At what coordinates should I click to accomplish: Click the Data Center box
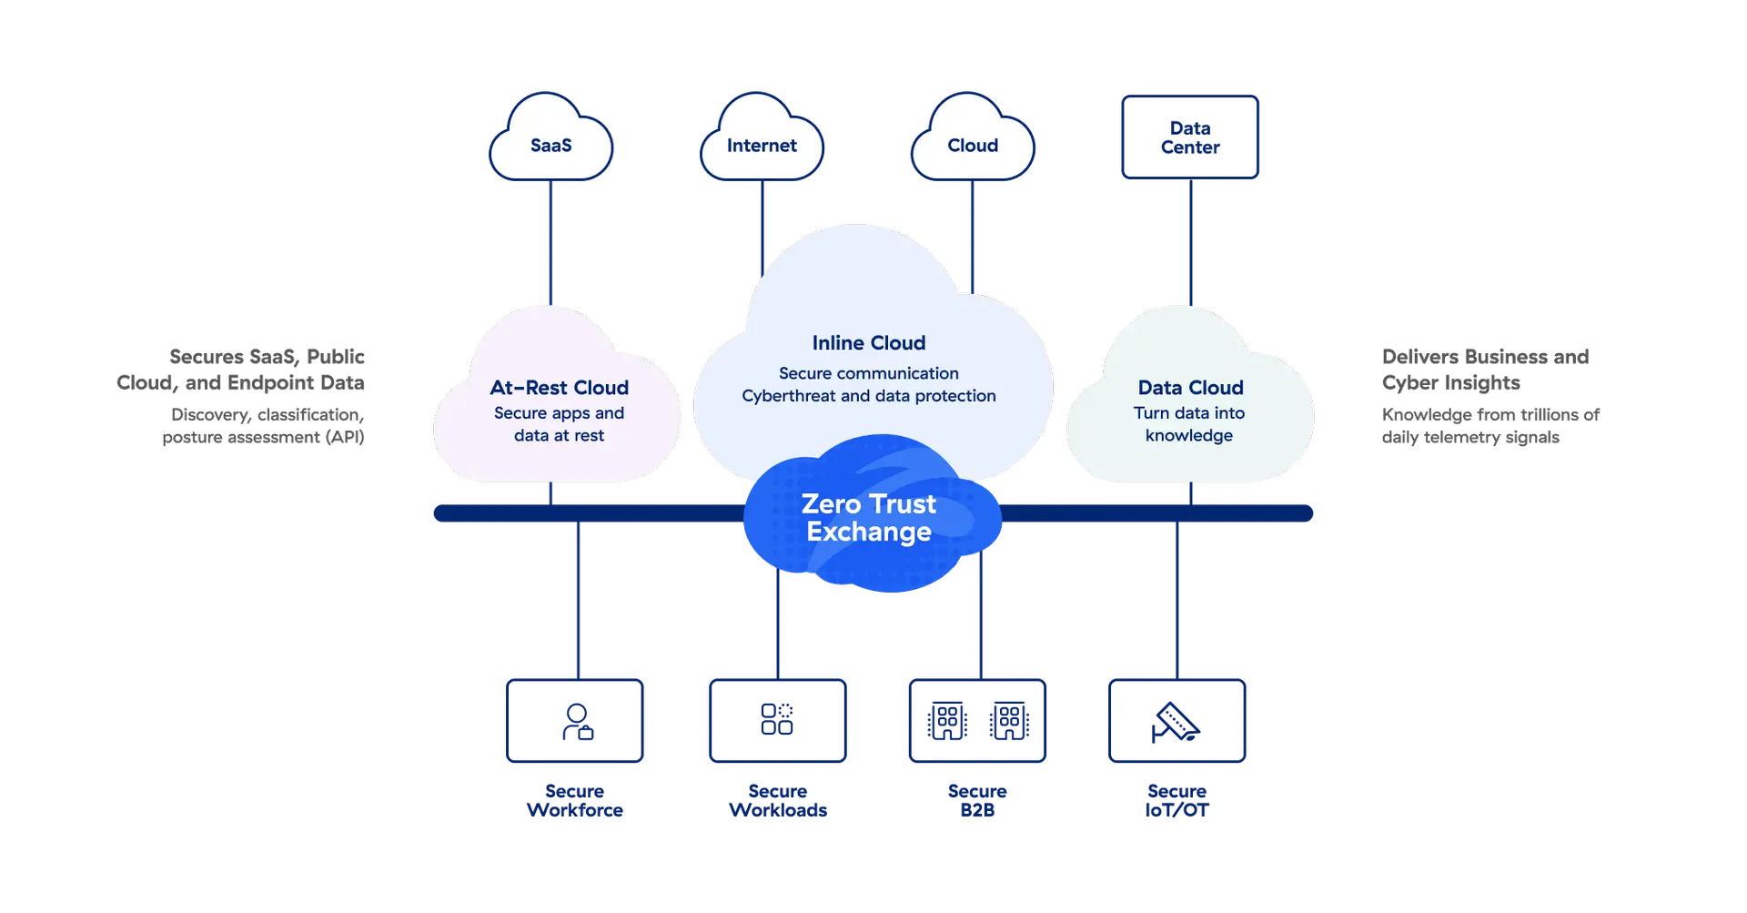1190,137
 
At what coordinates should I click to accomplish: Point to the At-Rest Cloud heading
559,388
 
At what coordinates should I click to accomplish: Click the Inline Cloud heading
868,343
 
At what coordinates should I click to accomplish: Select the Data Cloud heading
1190,388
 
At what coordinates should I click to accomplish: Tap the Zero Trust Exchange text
868,517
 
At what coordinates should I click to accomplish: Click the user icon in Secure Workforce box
577,720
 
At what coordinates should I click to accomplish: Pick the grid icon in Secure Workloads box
776,718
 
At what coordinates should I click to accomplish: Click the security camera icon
1175,722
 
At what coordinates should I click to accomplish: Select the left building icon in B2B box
946,721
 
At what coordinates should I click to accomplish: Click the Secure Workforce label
574,801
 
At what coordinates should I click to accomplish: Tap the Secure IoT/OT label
1176,801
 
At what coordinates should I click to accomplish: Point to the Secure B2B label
977,801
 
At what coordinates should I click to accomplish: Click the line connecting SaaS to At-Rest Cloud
550,241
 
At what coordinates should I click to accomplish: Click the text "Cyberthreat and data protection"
868,396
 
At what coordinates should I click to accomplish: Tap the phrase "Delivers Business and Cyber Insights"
1486,369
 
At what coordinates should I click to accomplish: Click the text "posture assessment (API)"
263,437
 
